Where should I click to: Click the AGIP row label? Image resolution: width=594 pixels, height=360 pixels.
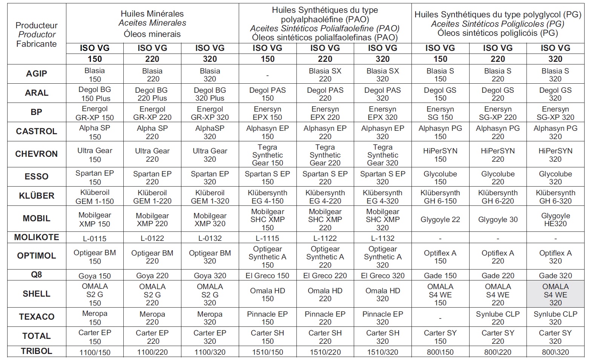click(x=37, y=74)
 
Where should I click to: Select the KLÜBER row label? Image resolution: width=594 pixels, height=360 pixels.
click(x=37, y=196)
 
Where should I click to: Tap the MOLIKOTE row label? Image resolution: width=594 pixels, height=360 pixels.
click(x=37, y=237)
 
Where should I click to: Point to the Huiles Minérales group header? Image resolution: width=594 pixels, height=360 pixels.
click(x=152, y=24)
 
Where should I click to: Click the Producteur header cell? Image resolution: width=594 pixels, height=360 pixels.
click(x=37, y=34)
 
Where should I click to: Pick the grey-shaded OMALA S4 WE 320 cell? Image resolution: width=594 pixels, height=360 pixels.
click(x=555, y=294)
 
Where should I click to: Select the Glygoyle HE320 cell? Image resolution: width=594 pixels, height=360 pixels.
click(x=555, y=219)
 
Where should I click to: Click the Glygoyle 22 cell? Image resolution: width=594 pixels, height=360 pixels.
click(x=440, y=219)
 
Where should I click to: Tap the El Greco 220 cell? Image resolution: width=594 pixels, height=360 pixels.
click(x=325, y=276)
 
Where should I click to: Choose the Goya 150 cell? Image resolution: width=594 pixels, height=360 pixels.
click(x=95, y=276)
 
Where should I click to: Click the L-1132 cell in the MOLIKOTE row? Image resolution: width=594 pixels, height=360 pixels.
click(x=382, y=238)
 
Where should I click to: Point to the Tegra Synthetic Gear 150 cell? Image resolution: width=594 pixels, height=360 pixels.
click(x=267, y=155)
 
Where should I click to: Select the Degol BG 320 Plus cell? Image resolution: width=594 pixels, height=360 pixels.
click(x=210, y=94)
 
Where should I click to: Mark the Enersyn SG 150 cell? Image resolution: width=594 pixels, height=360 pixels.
click(x=440, y=113)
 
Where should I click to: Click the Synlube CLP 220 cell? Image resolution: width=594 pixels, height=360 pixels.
click(x=497, y=318)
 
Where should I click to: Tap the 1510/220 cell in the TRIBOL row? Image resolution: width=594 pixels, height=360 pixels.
click(x=325, y=352)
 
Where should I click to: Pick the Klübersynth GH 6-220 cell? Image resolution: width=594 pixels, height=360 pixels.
click(x=497, y=197)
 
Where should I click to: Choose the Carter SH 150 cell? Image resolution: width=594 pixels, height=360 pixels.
click(x=267, y=337)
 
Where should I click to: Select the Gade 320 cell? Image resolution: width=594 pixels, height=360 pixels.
click(x=555, y=276)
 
